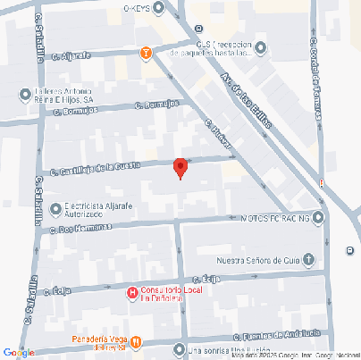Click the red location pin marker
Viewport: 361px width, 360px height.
pyautogui.click(x=180, y=167)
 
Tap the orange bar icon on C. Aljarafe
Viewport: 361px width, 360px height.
pyautogui.click(x=146, y=53)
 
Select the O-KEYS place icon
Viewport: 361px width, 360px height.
pyautogui.click(x=160, y=8)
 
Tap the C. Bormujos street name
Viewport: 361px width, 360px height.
pyautogui.click(x=156, y=105)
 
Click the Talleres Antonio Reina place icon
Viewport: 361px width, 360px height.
pyautogui.click(x=26, y=92)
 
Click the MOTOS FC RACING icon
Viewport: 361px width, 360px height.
pyautogui.click(x=318, y=217)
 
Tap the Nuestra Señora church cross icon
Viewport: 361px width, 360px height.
pyautogui.click(x=308, y=260)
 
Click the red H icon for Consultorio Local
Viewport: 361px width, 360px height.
pyautogui.click(x=131, y=292)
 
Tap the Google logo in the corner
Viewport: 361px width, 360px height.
pyautogui.click(x=18, y=352)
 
